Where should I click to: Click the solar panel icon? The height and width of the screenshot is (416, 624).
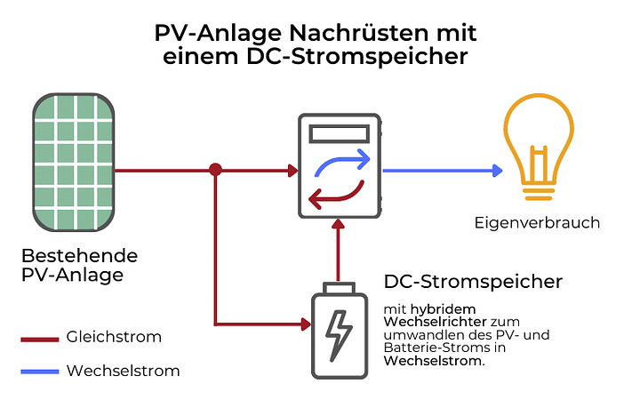pos(75,160)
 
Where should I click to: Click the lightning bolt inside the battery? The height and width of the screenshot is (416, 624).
pos(338,336)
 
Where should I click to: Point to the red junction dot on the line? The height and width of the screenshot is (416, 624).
pos(215,169)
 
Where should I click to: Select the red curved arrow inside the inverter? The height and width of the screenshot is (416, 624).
pos(336,194)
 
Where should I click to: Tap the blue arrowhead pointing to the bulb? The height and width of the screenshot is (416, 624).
pos(494,170)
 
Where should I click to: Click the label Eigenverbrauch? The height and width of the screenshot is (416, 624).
pos(537,223)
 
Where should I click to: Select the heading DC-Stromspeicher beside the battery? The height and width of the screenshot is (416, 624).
pos(473,282)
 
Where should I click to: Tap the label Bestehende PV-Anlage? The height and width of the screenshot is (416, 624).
pos(79,265)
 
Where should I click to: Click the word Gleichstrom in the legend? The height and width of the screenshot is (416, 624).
pos(114,337)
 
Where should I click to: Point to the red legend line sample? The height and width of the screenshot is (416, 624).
pos(40,338)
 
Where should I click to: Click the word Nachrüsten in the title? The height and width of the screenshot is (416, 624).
pos(349,34)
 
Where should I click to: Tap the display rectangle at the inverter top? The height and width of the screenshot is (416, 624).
pos(338,136)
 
